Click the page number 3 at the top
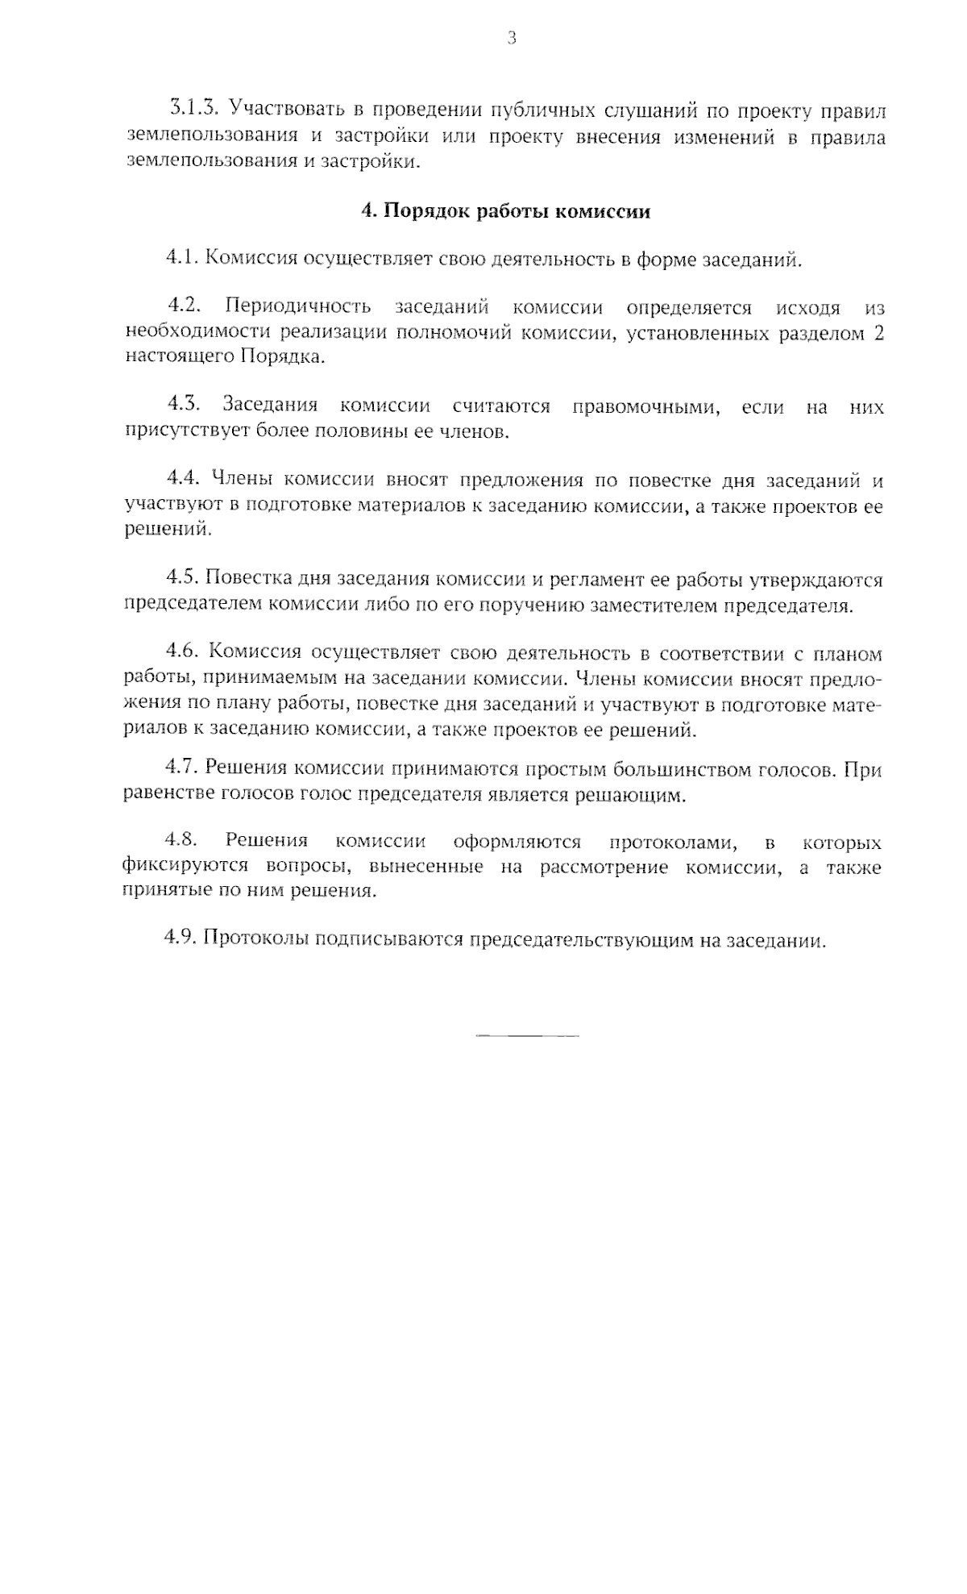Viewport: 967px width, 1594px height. click(512, 38)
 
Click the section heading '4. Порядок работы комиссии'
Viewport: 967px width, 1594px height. click(505, 212)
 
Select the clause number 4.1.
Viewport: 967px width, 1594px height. click(181, 259)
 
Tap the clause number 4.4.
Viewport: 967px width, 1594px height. click(182, 481)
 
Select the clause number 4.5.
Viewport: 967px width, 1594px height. click(182, 579)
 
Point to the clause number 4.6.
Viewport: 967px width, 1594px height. click(182, 653)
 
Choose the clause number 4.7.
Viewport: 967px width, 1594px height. click(181, 769)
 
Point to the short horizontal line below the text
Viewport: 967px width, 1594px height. click(527, 1034)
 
